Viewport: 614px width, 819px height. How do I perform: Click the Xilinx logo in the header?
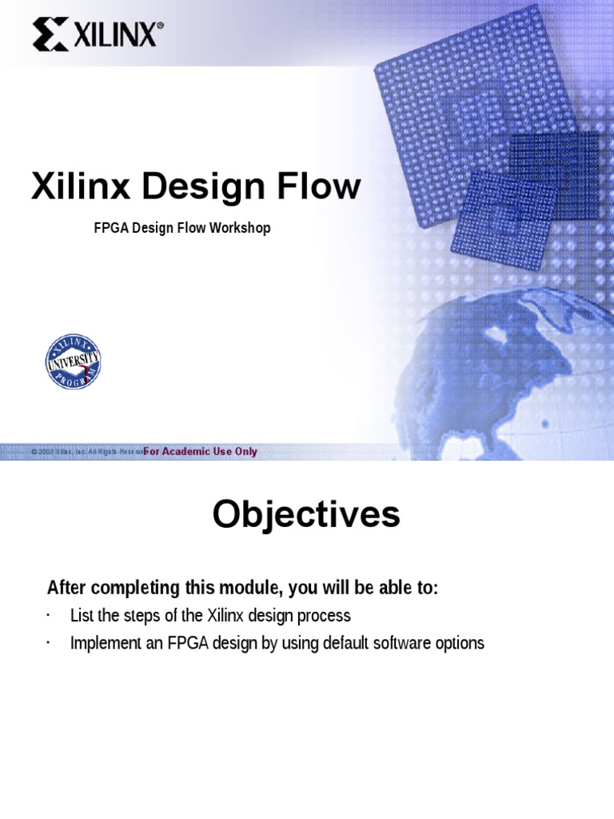pos(98,35)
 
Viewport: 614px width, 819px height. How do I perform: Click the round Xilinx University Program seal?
pos(73,362)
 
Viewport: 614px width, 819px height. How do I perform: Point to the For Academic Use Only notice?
pos(201,452)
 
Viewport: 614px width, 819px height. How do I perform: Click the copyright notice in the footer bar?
pos(86,452)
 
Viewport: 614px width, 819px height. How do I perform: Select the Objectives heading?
pos(306,514)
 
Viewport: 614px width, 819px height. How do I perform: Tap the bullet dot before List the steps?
pos(48,615)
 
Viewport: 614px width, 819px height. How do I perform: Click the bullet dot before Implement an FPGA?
pos(48,642)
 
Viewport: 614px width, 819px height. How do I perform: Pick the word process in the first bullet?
pos(325,616)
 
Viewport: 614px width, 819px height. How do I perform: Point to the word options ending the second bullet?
pos(460,643)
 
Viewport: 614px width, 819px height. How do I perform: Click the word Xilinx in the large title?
pos(80,186)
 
